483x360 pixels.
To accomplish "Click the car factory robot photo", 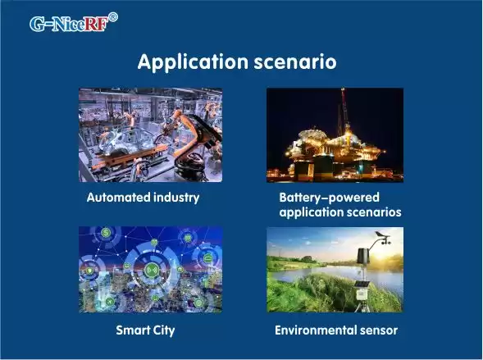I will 150,135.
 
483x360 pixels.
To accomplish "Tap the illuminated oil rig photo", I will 335,135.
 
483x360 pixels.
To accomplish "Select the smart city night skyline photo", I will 150,269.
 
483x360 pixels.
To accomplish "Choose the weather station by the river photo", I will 335,269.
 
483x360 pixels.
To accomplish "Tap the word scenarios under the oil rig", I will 373,212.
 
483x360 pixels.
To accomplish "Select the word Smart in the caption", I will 132,330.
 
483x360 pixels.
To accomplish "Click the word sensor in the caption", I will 378,330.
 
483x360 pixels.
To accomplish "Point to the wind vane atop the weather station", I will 378,237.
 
